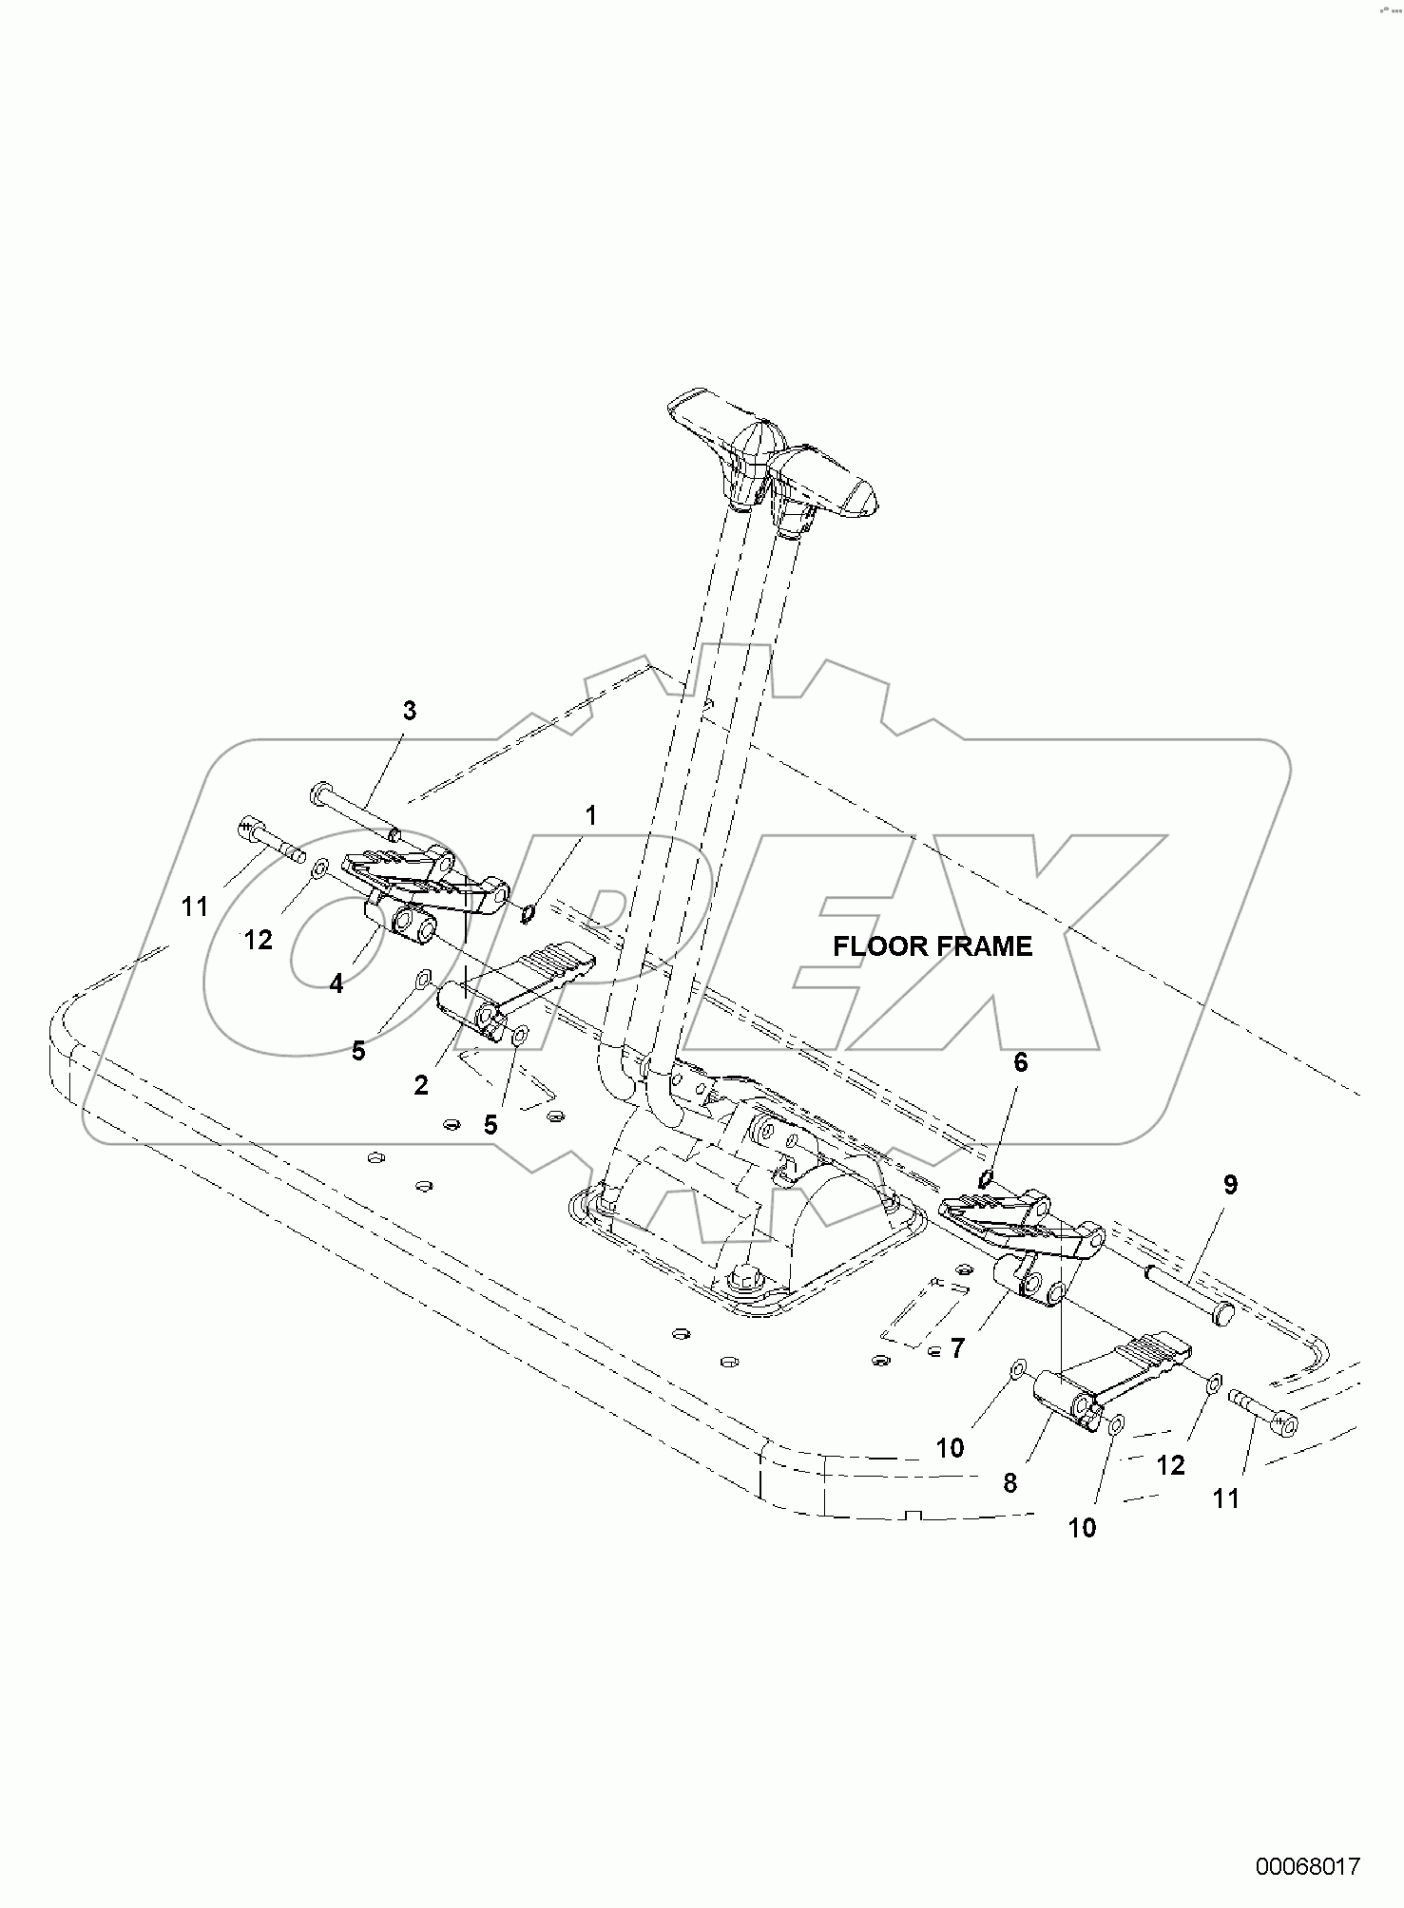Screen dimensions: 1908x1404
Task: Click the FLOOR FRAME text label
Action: [932, 946]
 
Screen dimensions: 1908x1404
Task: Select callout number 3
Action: [409, 711]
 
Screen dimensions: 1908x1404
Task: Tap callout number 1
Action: [590, 815]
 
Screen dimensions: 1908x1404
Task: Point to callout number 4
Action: [337, 984]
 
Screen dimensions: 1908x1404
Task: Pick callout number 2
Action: [421, 1085]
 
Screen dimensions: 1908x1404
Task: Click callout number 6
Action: [1020, 1062]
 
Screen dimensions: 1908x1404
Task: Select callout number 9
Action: [1230, 1185]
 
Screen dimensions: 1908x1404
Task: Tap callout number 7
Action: [957, 1347]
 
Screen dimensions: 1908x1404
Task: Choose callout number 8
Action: [1010, 1482]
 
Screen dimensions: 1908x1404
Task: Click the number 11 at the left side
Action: [195, 907]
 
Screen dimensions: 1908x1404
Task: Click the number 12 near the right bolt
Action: [1171, 1465]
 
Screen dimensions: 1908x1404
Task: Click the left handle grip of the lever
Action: [703, 411]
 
